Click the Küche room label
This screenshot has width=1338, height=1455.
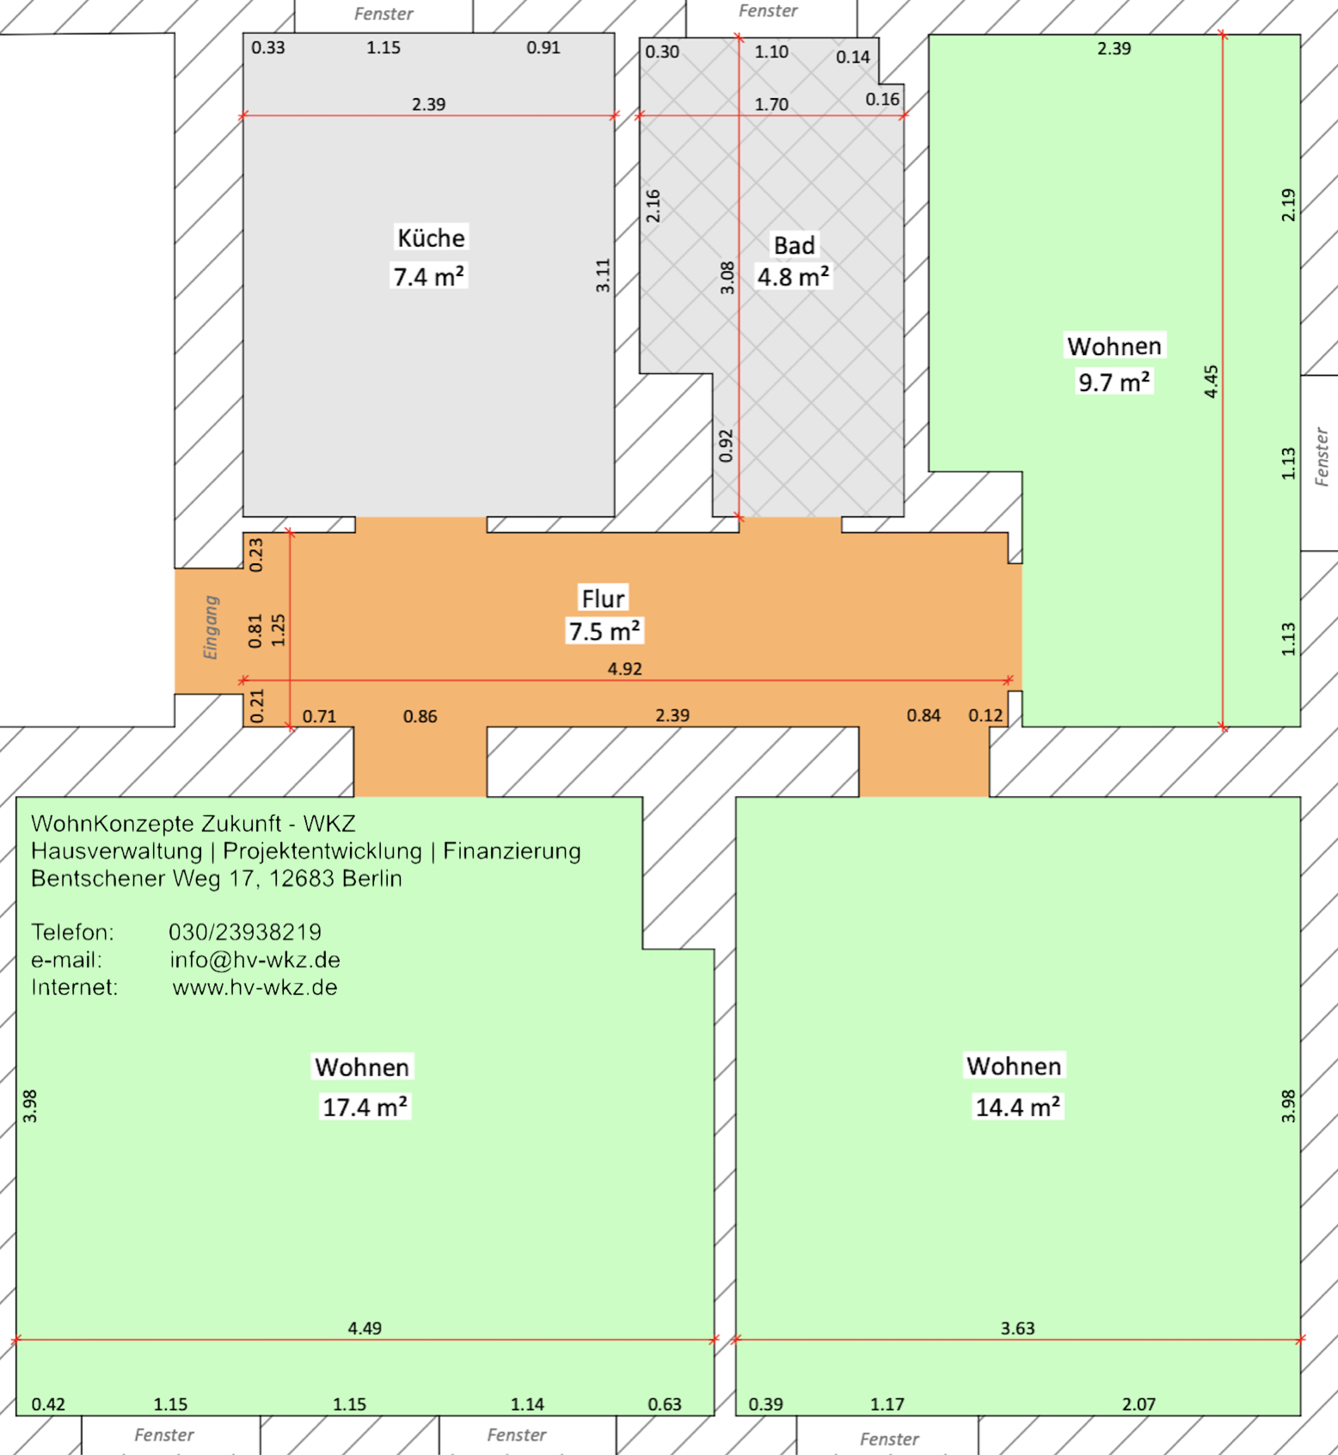pos(431,237)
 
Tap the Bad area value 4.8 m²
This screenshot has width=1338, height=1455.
pos(793,277)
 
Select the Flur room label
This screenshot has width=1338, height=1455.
pos(603,598)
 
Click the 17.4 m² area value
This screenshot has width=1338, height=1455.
pos(365,1106)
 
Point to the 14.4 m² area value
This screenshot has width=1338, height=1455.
pos(1017,1106)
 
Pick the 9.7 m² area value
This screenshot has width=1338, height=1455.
pos(1114,382)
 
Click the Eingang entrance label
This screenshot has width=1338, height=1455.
pos(211,627)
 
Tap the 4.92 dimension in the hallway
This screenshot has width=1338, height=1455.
pos(624,668)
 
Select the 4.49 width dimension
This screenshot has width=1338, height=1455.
pos(365,1328)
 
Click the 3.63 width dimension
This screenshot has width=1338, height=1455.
pos(1017,1328)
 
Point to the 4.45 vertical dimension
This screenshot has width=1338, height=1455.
pos(1211,381)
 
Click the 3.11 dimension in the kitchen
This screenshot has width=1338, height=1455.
pos(603,275)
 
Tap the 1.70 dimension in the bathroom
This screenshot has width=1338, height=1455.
pos(771,104)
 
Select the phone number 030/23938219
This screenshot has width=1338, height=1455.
pos(245,932)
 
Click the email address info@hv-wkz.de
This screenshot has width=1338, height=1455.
pos(255,960)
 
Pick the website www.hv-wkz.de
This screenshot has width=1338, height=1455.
pos(255,987)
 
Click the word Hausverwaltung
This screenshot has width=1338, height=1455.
pos(117,851)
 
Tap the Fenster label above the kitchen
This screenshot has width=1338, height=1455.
pos(384,14)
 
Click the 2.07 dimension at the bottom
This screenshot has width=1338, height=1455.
pos(1139,1404)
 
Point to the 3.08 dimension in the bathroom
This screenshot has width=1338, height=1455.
pos(727,278)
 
